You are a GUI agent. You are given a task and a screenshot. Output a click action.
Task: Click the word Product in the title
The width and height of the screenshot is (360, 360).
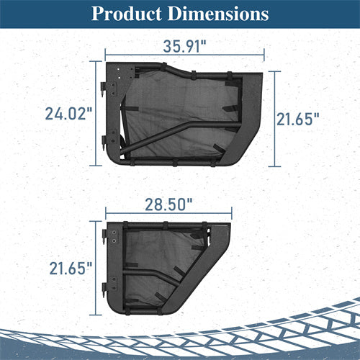127,14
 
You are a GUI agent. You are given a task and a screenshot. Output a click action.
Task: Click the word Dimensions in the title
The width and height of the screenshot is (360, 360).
218,14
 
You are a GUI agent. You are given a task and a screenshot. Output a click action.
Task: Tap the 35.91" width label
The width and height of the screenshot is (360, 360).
184,46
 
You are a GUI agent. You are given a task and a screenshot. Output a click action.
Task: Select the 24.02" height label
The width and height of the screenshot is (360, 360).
68,114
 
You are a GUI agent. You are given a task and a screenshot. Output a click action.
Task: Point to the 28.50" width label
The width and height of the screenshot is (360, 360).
168,204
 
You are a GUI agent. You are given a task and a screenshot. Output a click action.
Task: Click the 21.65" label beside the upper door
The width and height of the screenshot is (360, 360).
298,119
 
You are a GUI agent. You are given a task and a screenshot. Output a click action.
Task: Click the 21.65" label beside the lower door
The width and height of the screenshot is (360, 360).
71,268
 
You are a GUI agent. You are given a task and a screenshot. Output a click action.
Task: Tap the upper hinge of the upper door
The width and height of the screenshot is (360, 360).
104,89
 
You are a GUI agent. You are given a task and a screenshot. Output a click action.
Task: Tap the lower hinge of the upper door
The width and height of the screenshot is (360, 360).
104,143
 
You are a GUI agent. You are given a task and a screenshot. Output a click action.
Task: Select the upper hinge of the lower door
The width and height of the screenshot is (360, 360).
104,236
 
